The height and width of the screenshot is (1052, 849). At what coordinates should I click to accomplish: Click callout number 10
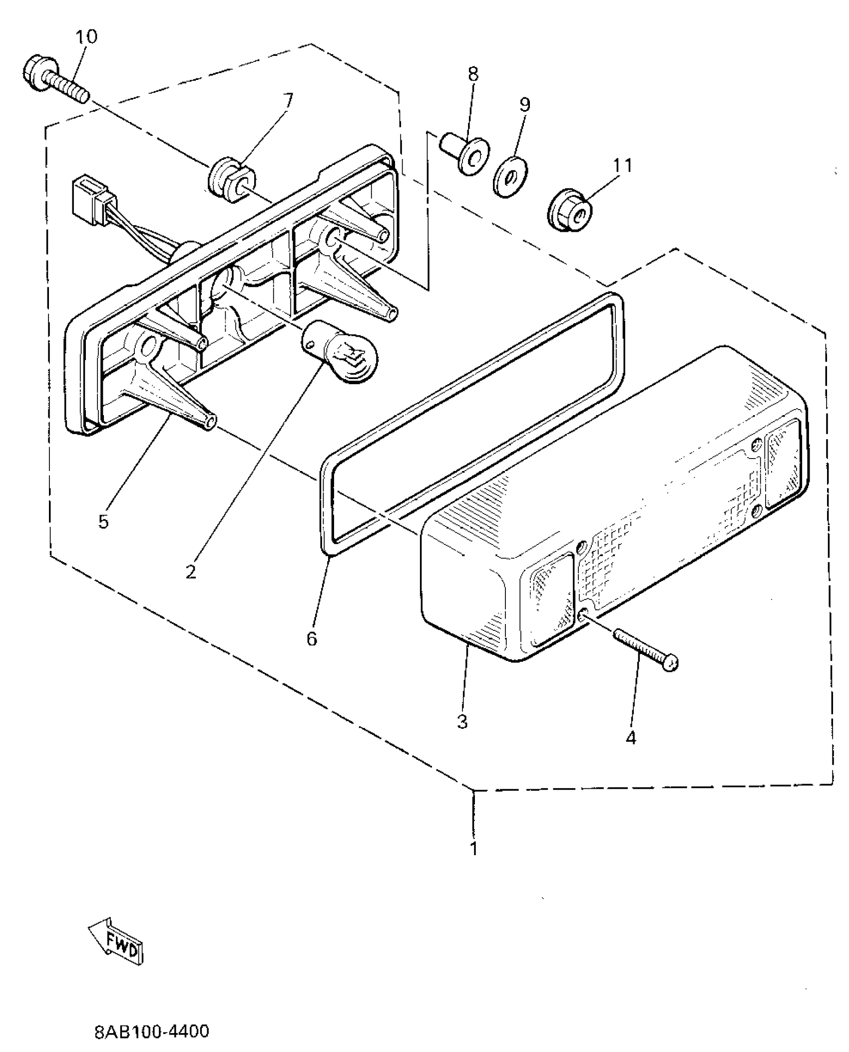[87, 36]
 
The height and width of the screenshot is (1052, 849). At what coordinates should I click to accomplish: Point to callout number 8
[473, 74]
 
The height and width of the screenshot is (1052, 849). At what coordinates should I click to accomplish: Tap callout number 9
[524, 104]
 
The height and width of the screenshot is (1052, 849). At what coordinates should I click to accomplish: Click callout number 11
[621, 164]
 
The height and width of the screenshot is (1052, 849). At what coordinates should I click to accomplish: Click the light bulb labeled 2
[340, 354]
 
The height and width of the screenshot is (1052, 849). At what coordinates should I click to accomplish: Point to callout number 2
[191, 572]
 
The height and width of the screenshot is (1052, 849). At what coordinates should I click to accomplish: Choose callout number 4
[631, 737]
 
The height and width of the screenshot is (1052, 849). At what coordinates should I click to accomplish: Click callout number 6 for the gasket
[312, 638]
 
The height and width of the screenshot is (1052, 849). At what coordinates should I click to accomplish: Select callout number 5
[103, 522]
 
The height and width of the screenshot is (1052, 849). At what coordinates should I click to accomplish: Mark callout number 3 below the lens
[462, 721]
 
